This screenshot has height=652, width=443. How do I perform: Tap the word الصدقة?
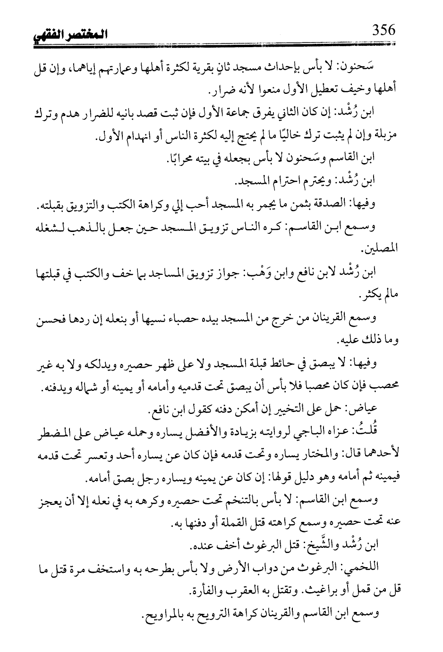(327, 206)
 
